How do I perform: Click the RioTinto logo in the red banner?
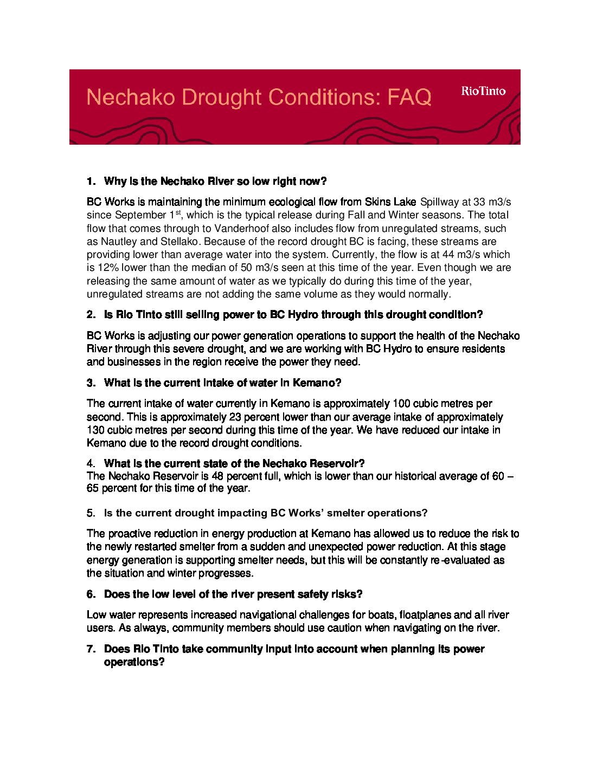[483, 91]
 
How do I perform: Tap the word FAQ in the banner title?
[409, 98]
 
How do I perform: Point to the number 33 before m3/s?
[479, 202]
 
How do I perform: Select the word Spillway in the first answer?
[439, 202]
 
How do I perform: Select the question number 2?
[91, 315]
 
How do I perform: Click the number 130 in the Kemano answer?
[95, 430]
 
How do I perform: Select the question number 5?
[91, 513]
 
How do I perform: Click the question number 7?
[91, 649]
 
